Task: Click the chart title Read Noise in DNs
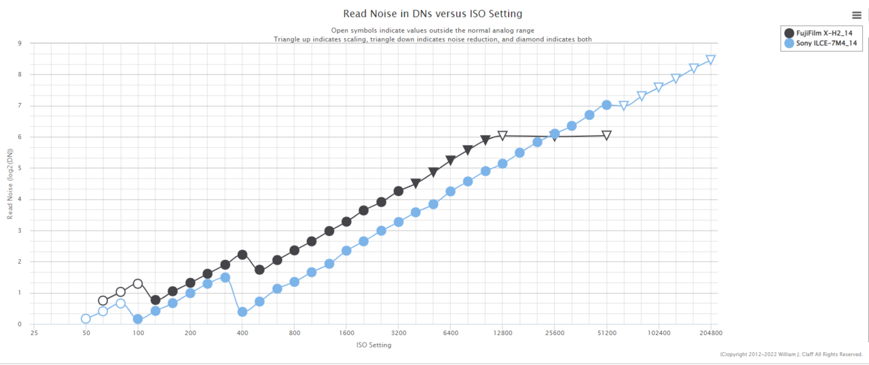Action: coord(432,14)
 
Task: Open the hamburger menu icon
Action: coord(856,15)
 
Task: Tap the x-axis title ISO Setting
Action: coord(373,345)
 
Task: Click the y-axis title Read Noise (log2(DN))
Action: coord(10,184)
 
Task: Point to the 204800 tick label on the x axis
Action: coord(711,334)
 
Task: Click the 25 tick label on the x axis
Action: coord(34,334)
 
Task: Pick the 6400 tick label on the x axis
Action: coord(451,334)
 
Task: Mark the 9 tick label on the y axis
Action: coord(20,43)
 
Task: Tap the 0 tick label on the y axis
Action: coord(20,324)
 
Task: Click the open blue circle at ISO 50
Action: coord(86,319)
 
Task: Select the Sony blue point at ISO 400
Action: coord(242,312)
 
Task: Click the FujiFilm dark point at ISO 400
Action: coord(242,254)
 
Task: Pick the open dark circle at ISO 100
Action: coord(138,284)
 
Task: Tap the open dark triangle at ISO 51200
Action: coord(606,136)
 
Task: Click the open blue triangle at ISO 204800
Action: coord(711,60)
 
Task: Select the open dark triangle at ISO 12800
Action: coord(502,136)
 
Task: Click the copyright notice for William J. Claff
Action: coord(791,354)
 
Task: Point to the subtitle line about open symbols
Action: coord(432,30)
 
